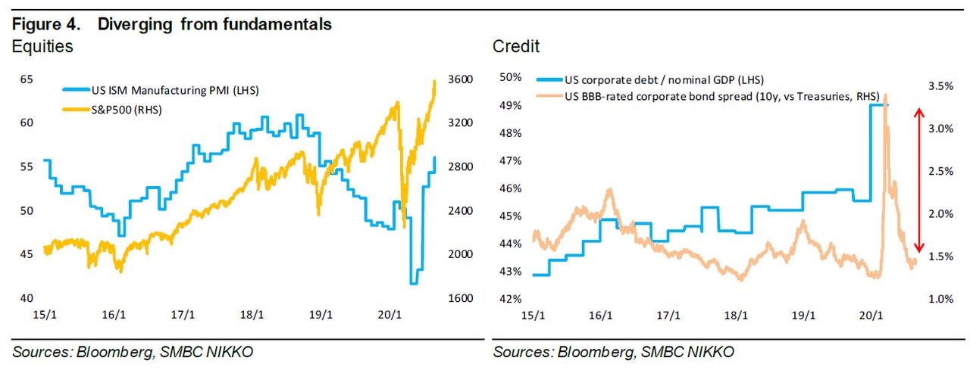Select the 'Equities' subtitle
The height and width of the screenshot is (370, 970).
pos(42,46)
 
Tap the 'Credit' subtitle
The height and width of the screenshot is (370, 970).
pos(516,46)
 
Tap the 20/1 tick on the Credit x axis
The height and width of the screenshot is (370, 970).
pos(871,316)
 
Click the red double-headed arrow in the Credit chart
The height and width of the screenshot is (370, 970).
pos(918,180)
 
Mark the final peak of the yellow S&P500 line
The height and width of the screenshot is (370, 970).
pos(434,81)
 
